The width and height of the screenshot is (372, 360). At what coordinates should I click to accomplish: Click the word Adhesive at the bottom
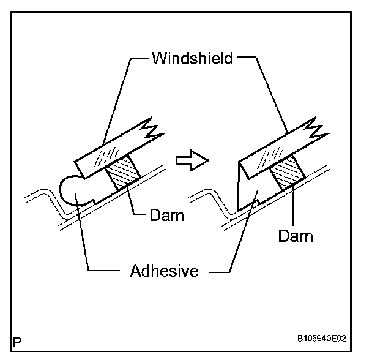tap(165, 271)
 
